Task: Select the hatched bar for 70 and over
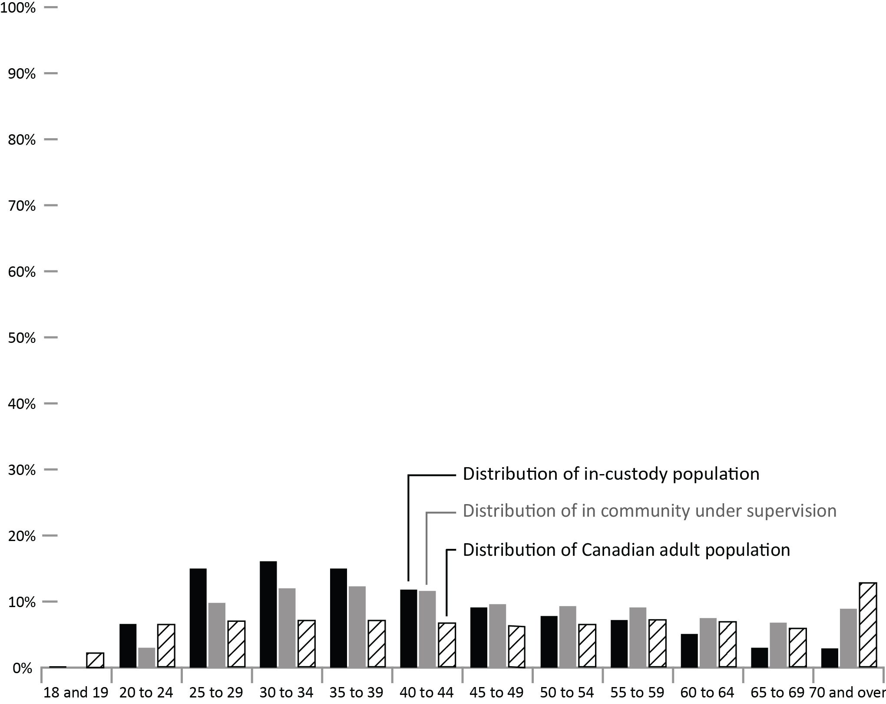pyautogui.click(x=868, y=624)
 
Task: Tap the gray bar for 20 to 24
pyautogui.click(x=146, y=657)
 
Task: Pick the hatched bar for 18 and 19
pyautogui.click(x=95, y=660)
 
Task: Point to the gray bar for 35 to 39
pyautogui.click(x=357, y=627)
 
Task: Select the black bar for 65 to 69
pyautogui.click(x=760, y=657)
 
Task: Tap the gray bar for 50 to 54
pyautogui.click(x=568, y=636)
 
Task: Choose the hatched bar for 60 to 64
pyautogui.click(x=727, y=644)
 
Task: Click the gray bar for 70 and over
pyautogui.click(x=848, y=638)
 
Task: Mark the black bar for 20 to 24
pyautogui.click(x=128, y=645)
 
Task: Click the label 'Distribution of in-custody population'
pyautogui.click(x=611, y=474)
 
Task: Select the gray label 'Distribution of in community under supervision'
pyautogui.click(x=649, y=511)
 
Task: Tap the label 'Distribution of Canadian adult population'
pyautogui.click(x=626, y=550)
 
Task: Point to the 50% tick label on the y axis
pyautogui.click(x=22, y=338)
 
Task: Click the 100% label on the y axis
pyautogui.click(x=18, y=8)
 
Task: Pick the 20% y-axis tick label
pyautogui.click(x=22, y=537)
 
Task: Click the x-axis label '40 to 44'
pyautogui.click(x=426, y=693)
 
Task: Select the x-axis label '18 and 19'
pyautogui.click(x=76, y=693)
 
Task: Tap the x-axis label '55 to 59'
pyautogui.click(x=637, y=693)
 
